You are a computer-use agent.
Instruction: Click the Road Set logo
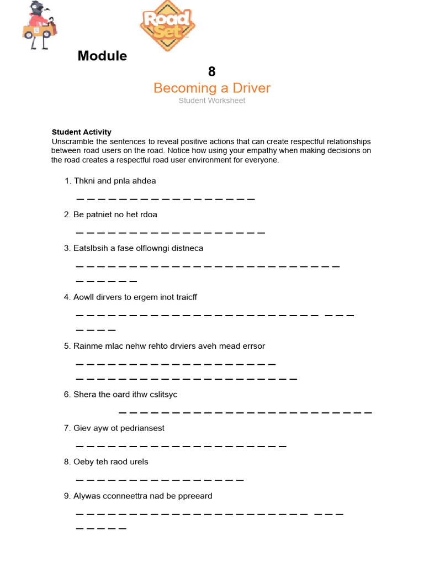167,25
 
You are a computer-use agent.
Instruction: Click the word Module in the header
102,56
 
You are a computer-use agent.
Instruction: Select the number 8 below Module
211,71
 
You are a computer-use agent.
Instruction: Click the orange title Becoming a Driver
211,88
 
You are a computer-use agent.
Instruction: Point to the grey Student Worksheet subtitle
211,101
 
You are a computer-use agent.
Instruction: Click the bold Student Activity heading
81,132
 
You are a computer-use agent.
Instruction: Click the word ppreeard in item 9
195,496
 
